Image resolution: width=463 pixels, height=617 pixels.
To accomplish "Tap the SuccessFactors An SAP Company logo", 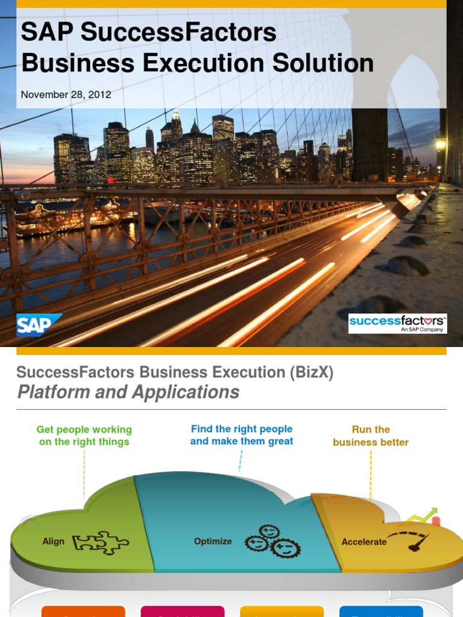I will pyautogui.click(x=397, y=323).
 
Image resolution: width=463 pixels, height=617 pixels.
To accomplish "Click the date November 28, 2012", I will pyautogui.click(x=66, y=95).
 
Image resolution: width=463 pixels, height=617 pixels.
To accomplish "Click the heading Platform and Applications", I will pyautogui.click(x=128, y=392).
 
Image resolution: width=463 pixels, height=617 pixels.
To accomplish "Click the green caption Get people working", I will pyautogui.click(x=84, y=430).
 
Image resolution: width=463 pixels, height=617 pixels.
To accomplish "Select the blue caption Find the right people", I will pyautogui.click(x=241, y=429).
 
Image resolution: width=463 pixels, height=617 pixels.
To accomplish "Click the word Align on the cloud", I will pyautogui.click(x=53, y=541).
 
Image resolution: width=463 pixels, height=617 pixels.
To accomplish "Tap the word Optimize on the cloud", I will pyautogui.click(x=213, y=541).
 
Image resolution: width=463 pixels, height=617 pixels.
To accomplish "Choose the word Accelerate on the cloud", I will pyautogui.click(x=364, y=542).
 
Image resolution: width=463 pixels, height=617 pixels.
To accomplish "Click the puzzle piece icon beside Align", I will pyautogui.click(x=100, y=542).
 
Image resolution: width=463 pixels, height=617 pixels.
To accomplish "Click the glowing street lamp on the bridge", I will pyautogui.click(x=440, y=144).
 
